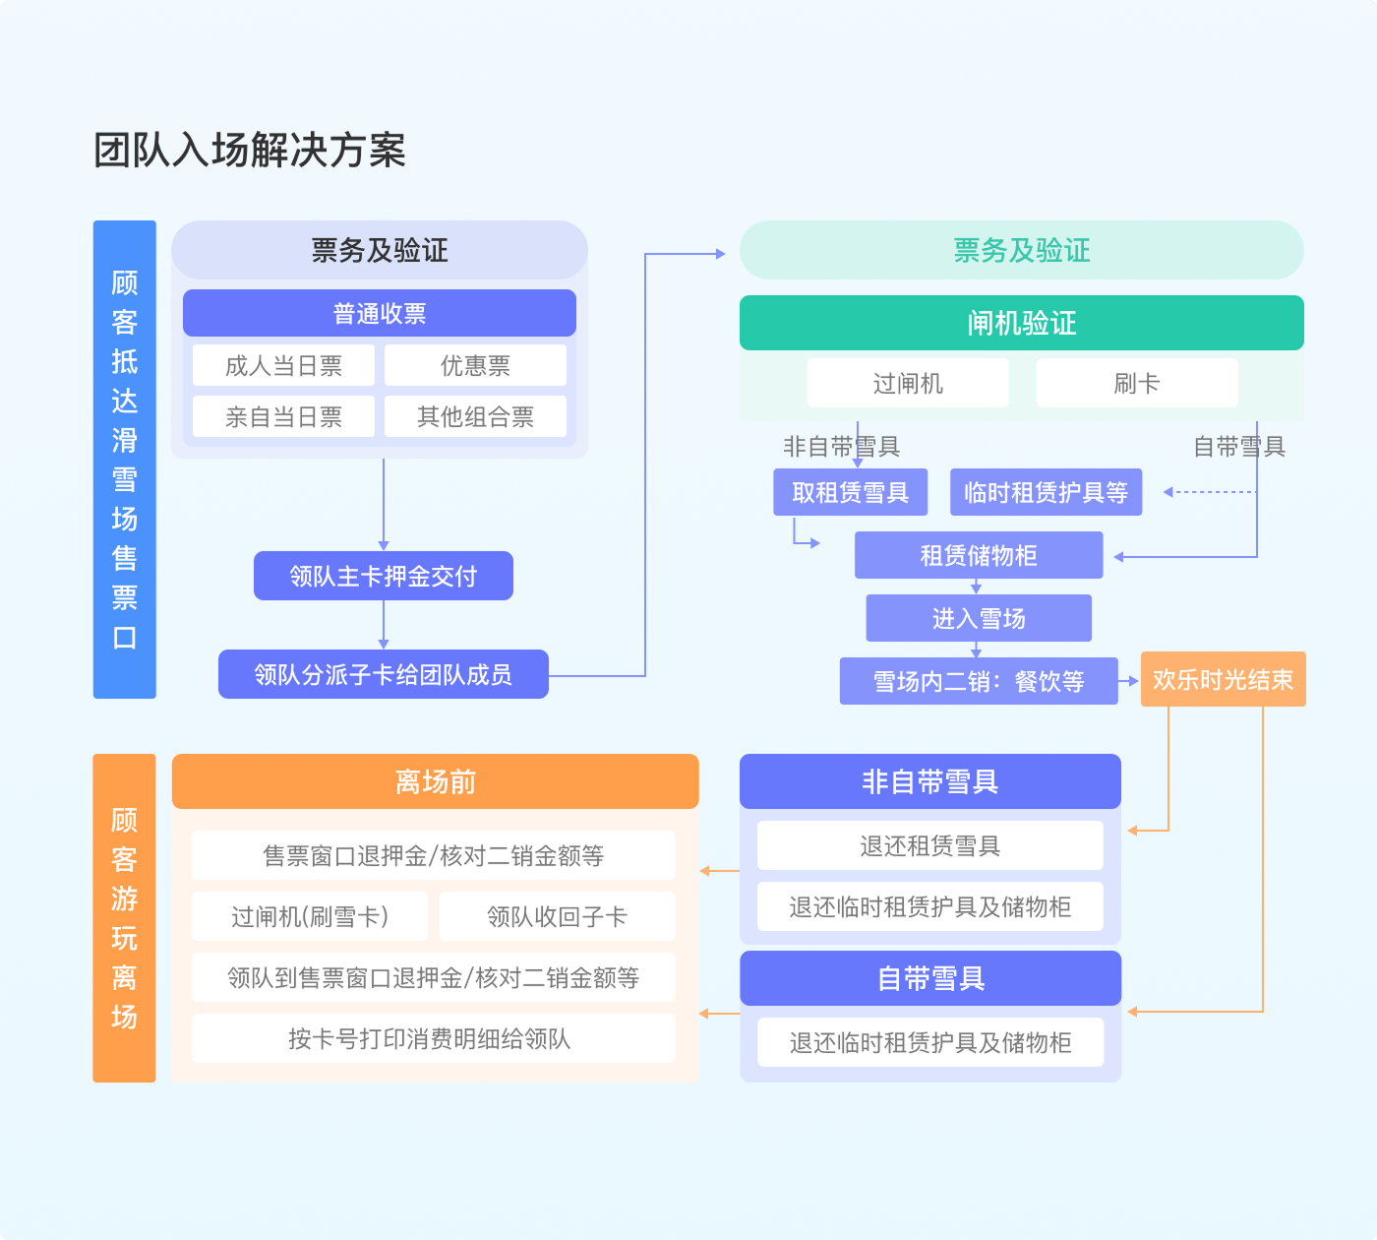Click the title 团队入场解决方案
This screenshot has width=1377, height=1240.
(250, 151)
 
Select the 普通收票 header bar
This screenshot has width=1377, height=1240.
(380, 313)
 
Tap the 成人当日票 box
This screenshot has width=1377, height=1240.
(283, 365)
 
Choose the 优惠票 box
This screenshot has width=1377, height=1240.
(475, 365)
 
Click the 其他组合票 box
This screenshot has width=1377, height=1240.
(475, 416)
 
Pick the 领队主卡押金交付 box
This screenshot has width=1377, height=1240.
(384, 576)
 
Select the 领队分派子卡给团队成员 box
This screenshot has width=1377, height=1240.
(384, 674)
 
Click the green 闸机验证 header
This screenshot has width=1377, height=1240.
(1021, 323)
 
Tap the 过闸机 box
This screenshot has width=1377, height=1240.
(908, 383)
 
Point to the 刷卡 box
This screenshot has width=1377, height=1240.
(1137, 383)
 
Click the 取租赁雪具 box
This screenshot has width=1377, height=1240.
(850, 492)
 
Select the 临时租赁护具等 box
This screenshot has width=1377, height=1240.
(1046, 492)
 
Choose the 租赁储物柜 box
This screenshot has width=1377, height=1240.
(979, 555)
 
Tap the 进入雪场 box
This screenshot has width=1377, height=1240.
(979, 618)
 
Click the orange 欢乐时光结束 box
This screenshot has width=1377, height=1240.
(1223, 679)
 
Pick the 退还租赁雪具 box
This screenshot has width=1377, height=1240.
(930, 845)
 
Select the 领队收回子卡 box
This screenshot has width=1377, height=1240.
(557, 916)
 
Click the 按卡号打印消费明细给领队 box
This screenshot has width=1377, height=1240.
(433, 1038)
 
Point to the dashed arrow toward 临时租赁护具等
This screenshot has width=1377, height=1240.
(1210, 492)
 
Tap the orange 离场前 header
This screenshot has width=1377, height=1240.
(435, 781)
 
